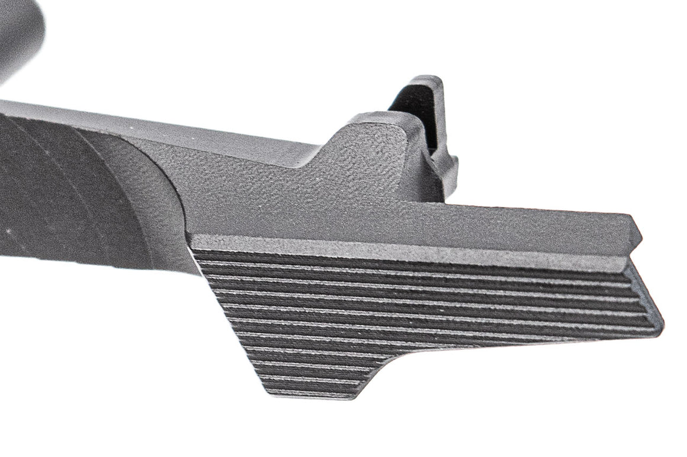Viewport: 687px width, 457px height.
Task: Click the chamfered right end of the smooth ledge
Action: [x=637, y=237]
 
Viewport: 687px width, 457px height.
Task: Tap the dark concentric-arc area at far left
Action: [x=59, y=195]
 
